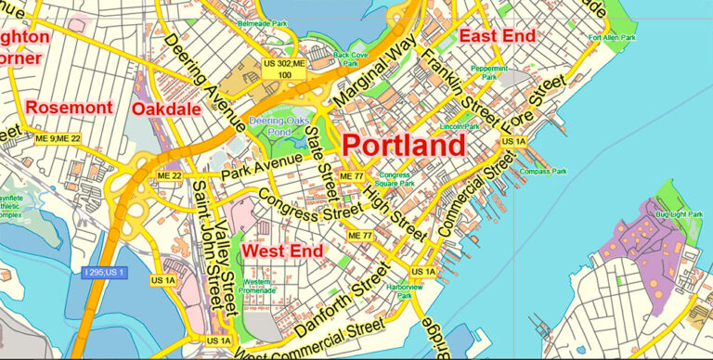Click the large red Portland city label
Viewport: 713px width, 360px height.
[404, 146]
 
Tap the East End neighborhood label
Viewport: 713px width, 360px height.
[497, 36]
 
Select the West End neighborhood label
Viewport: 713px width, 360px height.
[282, 251]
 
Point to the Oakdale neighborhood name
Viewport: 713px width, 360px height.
[166, 109]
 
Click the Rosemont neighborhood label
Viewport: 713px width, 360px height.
[69, 108]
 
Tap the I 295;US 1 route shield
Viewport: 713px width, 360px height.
[103, 272]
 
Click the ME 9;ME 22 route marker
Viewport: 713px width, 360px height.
[58, 138]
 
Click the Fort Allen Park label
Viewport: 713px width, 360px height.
[612, 38]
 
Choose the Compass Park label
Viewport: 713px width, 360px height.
[544, 172]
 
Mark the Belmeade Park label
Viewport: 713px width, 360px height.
[263, 22]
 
